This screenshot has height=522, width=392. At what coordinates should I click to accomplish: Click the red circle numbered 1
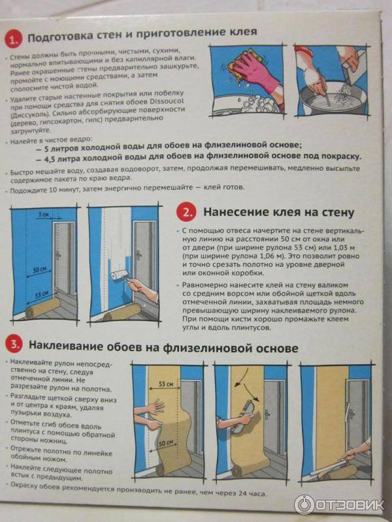click(x=13, y=40)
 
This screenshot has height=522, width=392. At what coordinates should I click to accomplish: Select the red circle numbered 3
click(x=14, y=345)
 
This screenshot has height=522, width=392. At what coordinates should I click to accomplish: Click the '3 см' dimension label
click(x=43, y=215)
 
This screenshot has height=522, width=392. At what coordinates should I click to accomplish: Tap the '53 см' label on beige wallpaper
click(x=165, y=384)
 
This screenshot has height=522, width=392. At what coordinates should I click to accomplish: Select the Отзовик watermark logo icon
click(x=304, y=504)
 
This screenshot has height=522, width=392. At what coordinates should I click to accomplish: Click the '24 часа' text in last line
click(x=253, y=493)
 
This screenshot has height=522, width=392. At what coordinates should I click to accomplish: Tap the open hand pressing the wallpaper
click(x=155, y=407)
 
